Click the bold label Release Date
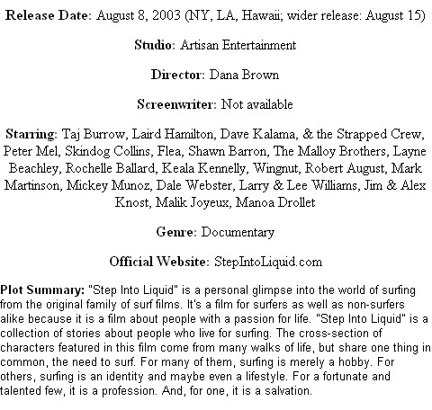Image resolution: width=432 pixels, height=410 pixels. click(48, 15)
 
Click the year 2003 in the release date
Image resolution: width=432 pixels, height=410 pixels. click(166, 15)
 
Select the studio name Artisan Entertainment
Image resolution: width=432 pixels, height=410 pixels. click(238, 45)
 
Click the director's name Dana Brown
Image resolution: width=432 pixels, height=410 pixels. click(244, 75)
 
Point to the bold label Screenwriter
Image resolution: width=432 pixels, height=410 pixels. click(175, 104)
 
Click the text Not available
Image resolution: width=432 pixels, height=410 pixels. click(256, 104)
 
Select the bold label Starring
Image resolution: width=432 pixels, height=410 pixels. click(31, 134)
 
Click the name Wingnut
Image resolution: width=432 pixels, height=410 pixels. click(276, 168)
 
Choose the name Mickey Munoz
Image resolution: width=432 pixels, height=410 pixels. click(108, 185)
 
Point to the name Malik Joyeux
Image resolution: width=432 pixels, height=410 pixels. click(193, 202)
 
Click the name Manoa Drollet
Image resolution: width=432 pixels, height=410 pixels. click(275, 202)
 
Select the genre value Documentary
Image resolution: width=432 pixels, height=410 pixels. click(238, 232)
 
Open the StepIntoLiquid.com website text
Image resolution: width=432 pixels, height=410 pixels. click(268, 262)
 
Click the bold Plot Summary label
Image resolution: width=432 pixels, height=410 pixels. click(42, 290)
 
